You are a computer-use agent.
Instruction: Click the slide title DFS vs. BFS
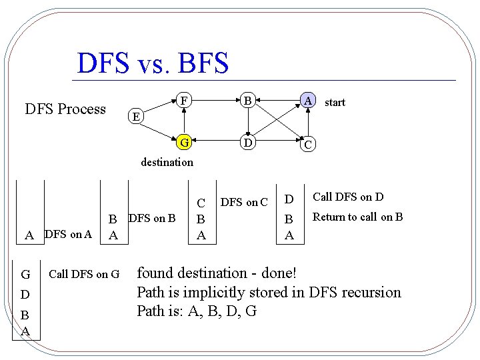153,63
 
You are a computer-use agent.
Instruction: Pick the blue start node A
307,101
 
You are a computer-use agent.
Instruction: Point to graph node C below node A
307,144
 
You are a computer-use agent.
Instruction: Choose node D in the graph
247,142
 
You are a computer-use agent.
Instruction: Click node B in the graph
247,101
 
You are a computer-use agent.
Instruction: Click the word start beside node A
335,103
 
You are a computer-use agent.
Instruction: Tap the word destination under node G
167,162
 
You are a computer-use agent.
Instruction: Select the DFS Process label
65,109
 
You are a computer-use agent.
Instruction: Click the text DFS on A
67,234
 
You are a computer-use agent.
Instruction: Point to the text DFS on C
244,203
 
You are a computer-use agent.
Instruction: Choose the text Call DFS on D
348,197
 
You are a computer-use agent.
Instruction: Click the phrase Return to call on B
357,217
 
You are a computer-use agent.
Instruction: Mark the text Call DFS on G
84,273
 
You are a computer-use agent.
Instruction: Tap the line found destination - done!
217,273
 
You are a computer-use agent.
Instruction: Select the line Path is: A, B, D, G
197,311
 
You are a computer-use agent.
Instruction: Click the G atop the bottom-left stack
25,274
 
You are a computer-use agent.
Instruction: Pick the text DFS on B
151,217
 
